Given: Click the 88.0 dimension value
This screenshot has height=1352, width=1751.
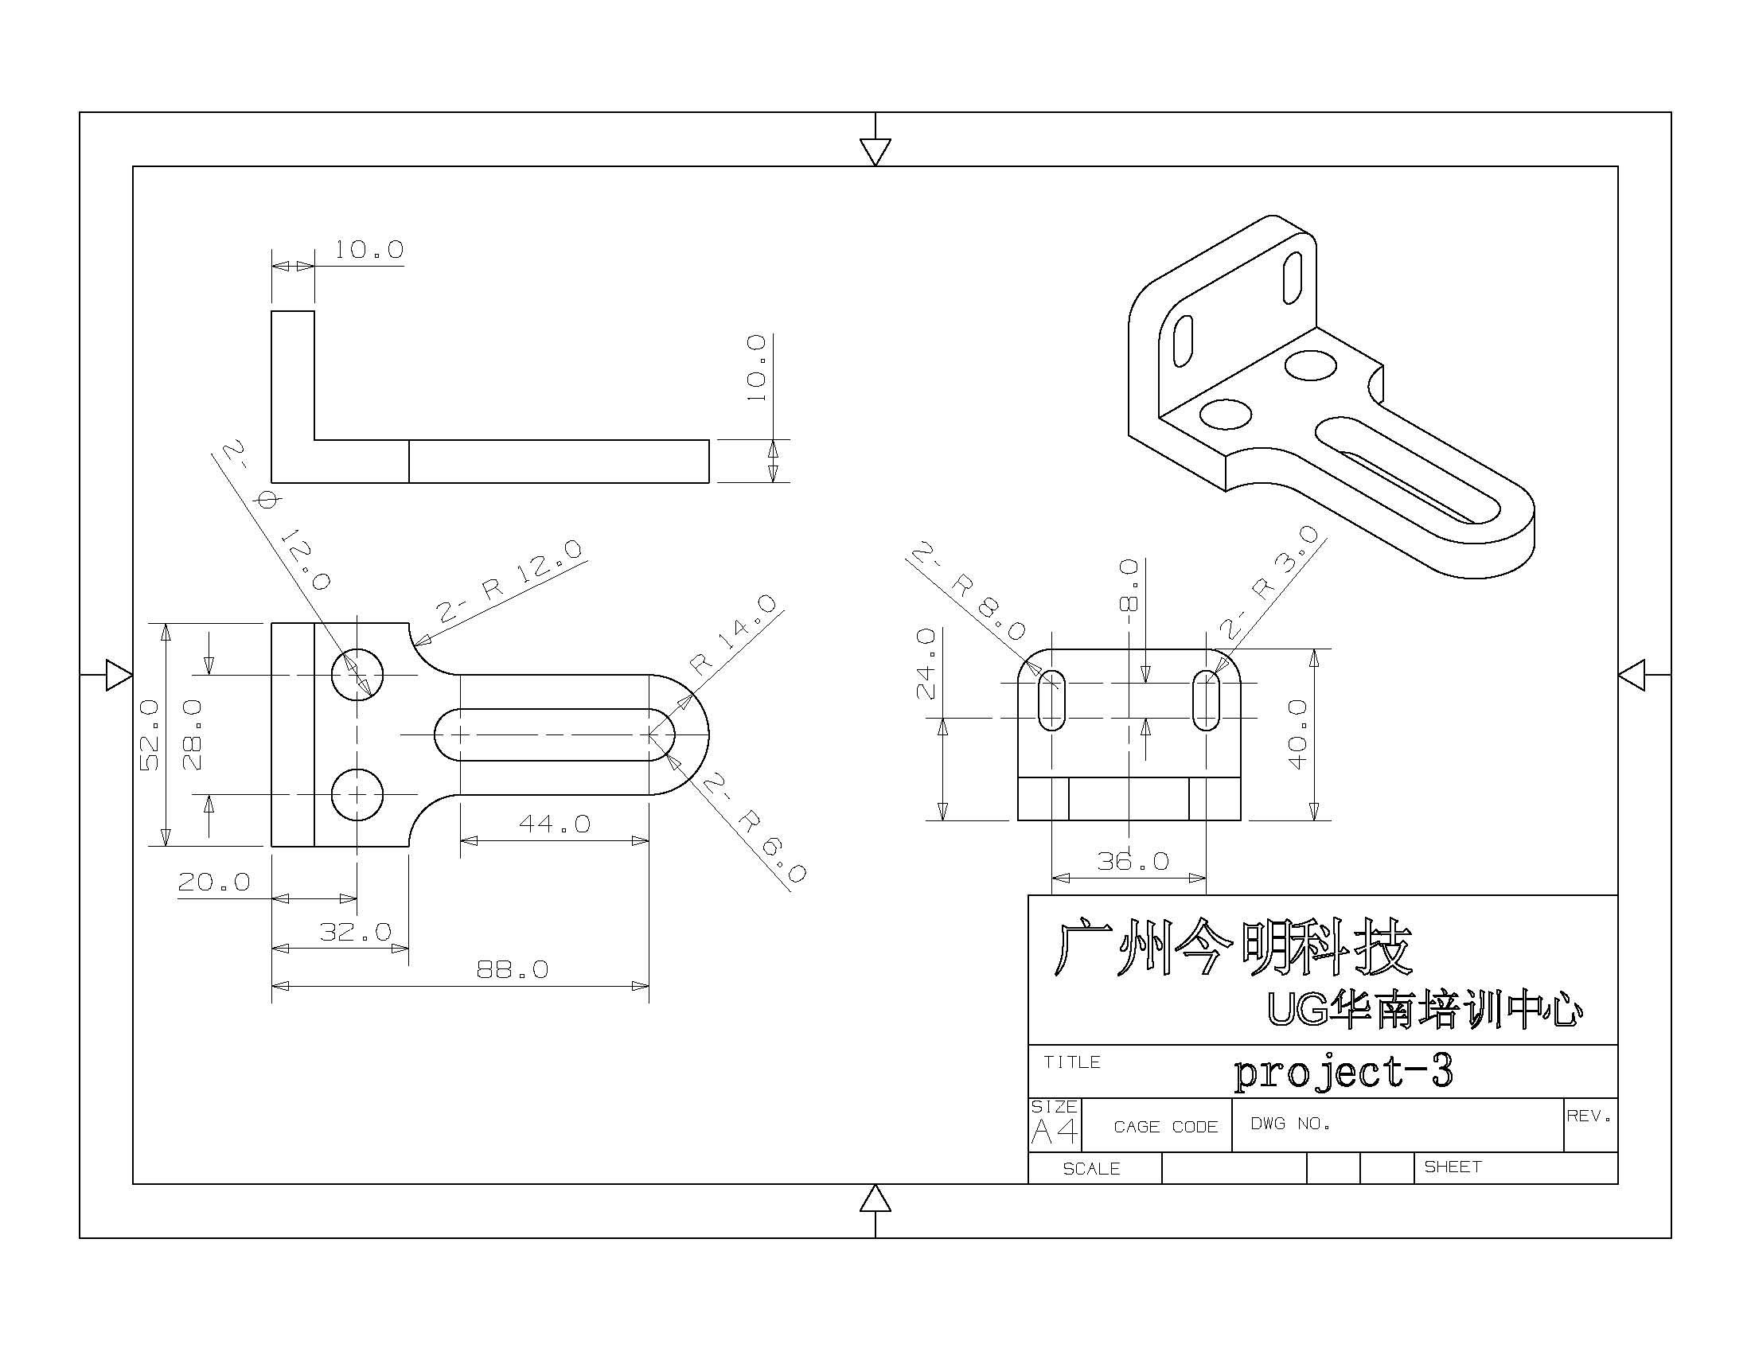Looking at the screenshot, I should pyautogui.click(x=513, y=970).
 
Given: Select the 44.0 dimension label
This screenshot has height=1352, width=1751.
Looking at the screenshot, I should pyautogui.click(x=554, y=824).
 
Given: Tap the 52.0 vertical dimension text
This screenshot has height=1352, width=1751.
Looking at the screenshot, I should pyautogui.click(x=150, y=734).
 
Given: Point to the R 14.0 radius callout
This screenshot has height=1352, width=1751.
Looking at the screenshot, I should pyautogui.click(x=734, y=634).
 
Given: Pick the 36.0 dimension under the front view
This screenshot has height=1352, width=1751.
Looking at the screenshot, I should pyautogui.click(x=1133, y=862).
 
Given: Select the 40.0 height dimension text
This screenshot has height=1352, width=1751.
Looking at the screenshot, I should pyautogui.click(x=1297, y=734).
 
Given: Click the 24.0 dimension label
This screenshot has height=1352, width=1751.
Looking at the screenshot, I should pyautogui.click(x=926, y=663).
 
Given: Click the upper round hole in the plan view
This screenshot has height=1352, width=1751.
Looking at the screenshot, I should pyautogui.click(x=357, y=674).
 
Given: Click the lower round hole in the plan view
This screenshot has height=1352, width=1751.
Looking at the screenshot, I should pyautogui.click(x=357, y=794).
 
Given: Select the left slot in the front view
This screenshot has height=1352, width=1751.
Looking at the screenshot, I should pyautogui.click(x=1051, y=700).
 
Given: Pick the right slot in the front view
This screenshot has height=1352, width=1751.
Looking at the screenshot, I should pyautogui.click(x=1206, y=700).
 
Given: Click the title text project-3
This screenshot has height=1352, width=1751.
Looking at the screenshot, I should pyautogui.click(x=1343, y=1073).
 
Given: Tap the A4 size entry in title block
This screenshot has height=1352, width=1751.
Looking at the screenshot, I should pyautogui.click(x=1054, y=1132).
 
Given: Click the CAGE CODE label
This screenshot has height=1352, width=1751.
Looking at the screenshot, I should pyautogui.click(x=1165, y=1127).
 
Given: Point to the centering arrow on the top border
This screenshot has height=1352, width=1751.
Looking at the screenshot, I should pyautogui.click(x=875, y=150).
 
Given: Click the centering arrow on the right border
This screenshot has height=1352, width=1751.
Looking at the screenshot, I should pyautogui.click(x=1632, y=675).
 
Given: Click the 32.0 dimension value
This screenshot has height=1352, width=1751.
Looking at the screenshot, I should pyautogui.click(x=355, y=931).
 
